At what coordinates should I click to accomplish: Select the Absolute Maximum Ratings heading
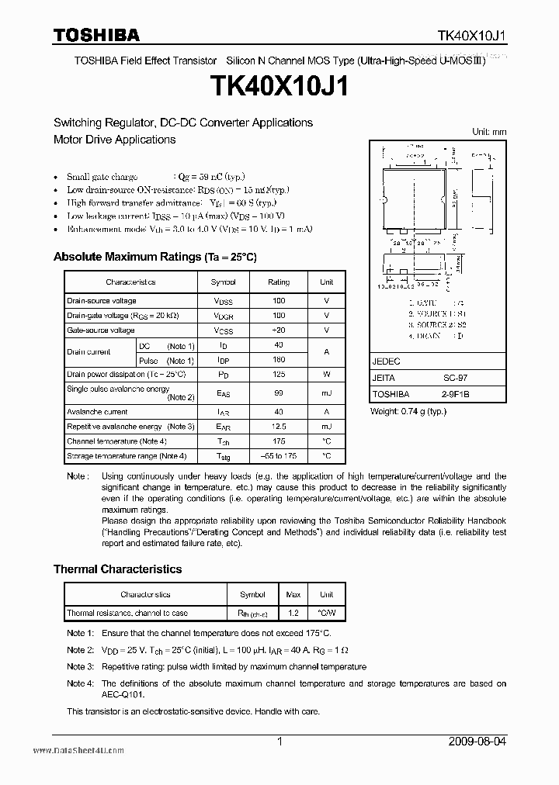[155, 257]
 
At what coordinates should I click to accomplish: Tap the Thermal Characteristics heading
[117, 569]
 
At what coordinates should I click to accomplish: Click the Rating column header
[279, 282]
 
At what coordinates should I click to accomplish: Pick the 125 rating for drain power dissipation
[279, 374]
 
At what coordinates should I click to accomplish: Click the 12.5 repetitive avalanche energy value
[279, 427]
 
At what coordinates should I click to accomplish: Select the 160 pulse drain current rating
[279, 360]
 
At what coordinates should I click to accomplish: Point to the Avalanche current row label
[97, 412]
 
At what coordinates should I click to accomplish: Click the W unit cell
[327, 374]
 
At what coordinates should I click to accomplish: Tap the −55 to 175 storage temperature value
[279, 456]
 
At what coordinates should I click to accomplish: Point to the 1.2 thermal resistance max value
[293, 613]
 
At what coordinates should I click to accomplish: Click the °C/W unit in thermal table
[328, 613]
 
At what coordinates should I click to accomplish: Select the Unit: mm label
[489, 132]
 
